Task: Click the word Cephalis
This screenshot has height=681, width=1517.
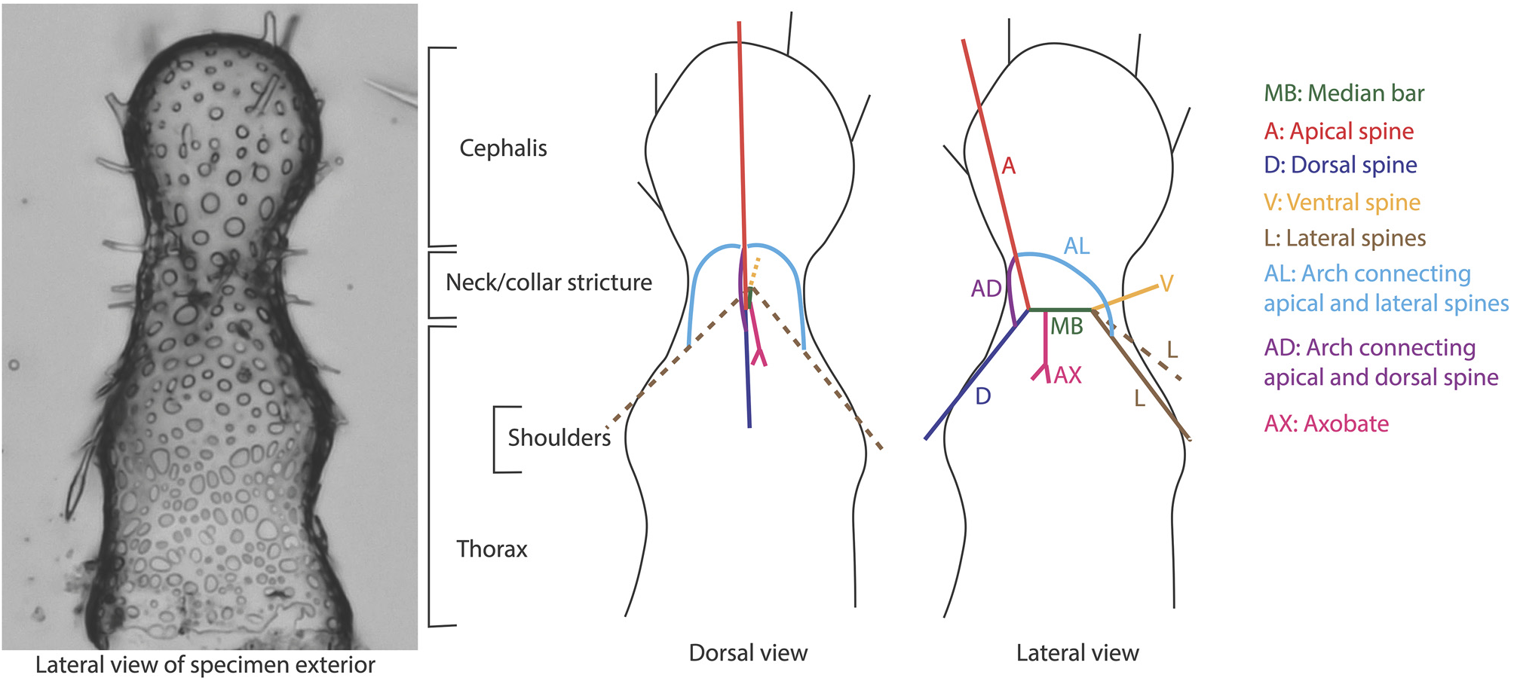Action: click(x=503, y=148)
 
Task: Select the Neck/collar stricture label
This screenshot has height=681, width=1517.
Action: click(x=548, y=282)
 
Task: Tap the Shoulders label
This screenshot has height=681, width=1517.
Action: click(x=559, y=438)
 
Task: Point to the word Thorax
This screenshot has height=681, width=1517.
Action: click(x=492, y=549)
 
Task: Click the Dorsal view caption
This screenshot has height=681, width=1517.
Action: click(x=748, y=653)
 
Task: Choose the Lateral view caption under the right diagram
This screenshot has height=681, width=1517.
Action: click(x=1077, y=653)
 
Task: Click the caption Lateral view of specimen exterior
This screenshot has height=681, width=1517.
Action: click(x=205, y=665)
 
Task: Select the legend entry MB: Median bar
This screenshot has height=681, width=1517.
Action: click(x=1344, y=93)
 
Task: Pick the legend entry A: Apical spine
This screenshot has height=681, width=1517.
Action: click(x=1338, y=131)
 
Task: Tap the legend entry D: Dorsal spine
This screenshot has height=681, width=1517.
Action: click(x=1340, y=165)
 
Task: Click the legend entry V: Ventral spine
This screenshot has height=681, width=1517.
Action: click(x=1341, y=203)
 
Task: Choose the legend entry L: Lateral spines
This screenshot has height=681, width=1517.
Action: click(x=1344, y=238)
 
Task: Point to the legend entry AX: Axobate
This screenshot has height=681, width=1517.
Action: click(x=1325, y=424)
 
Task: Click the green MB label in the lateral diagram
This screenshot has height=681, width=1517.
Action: click(x=1066, y=326)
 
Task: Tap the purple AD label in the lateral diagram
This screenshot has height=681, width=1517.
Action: click(x=985, y=289)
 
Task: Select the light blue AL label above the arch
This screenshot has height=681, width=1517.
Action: click(x=1077, y=246)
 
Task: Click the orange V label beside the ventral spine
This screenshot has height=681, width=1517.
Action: click(x=1166, y=284)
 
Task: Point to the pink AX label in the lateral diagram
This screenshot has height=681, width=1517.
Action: click(x=1068, y=375)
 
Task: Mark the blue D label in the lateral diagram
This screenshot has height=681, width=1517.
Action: click(x=982, y=396)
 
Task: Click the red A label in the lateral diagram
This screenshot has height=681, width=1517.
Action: click(x=1008, y=166)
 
